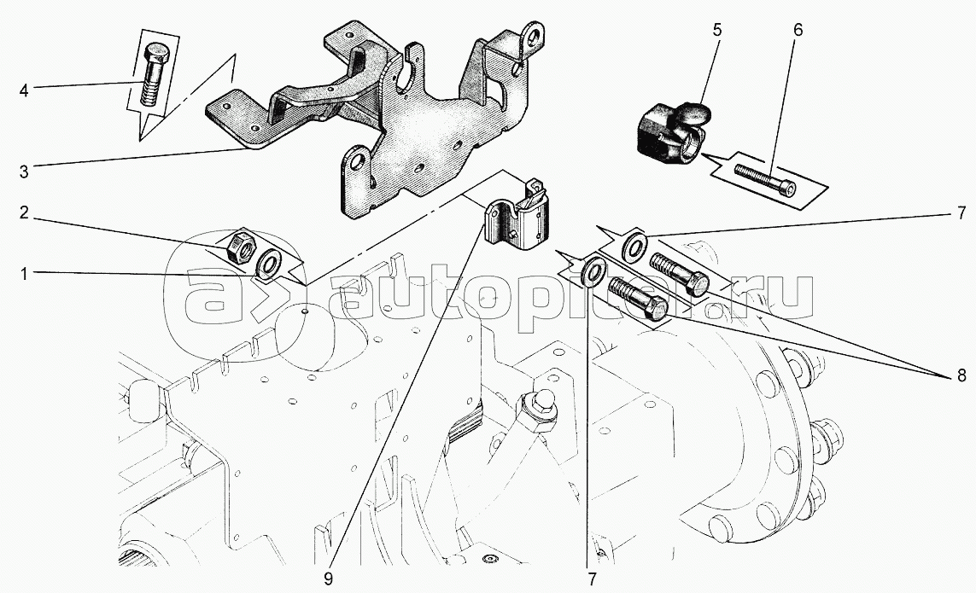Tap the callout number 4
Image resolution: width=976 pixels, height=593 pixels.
pos(24,90)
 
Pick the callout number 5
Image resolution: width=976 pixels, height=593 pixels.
pos(716,29)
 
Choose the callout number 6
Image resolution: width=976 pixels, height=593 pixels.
pos(798,29)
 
